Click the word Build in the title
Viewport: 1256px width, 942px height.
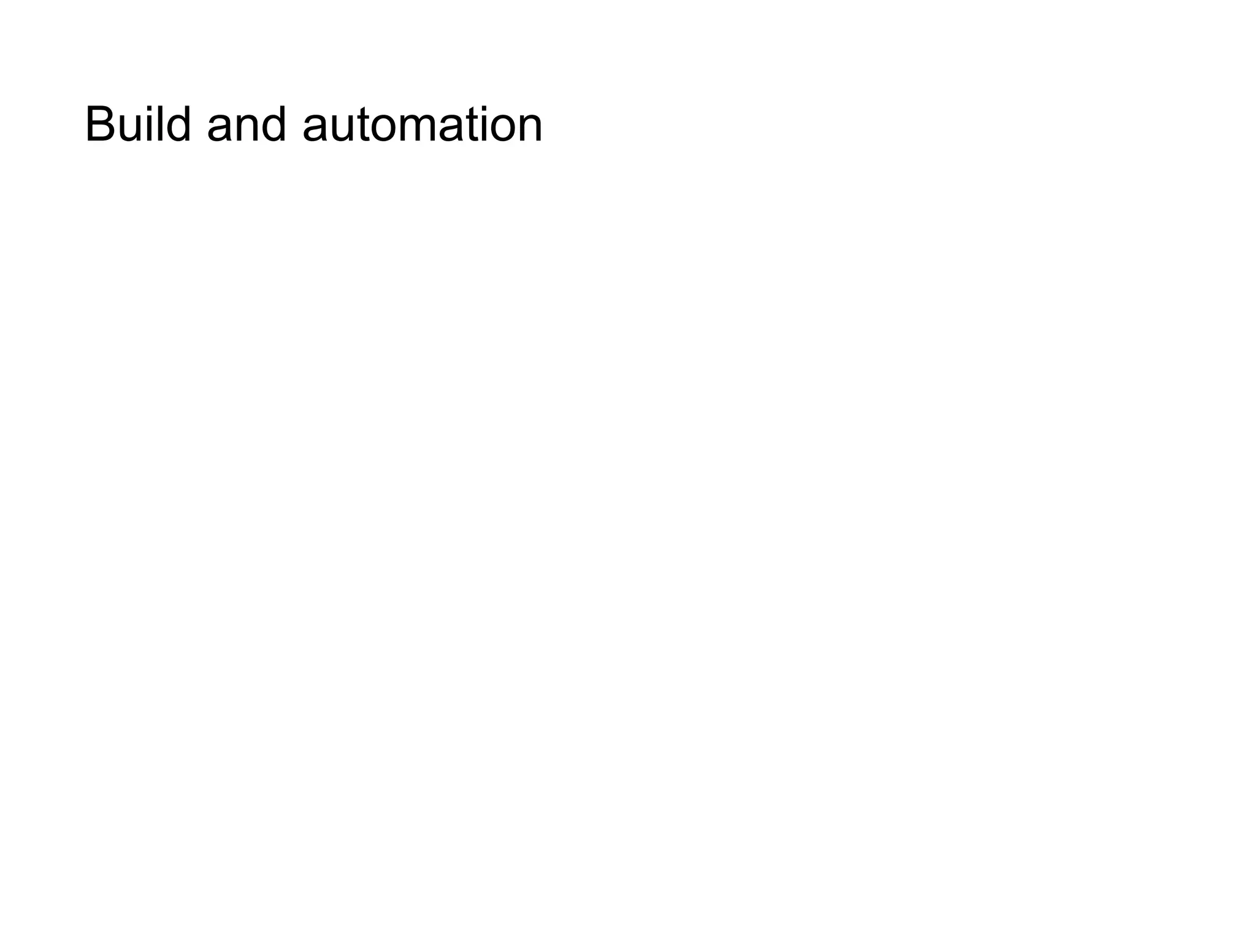[x=138, y=124]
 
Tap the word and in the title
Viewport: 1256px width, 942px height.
[x=247, y=124]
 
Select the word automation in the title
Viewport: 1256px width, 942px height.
[x=423, y=124]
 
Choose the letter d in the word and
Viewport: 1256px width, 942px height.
[x=273, y=124]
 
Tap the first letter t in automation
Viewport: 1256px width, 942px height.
[x=362, y=126]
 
